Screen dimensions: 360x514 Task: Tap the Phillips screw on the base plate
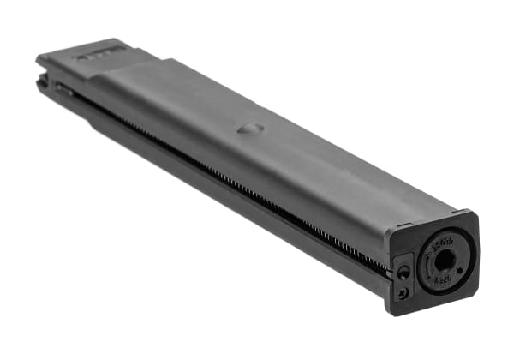pyautogui.click(x=403, y=292)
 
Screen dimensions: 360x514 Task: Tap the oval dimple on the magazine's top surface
pyautogui.click(x=249, y=128)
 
